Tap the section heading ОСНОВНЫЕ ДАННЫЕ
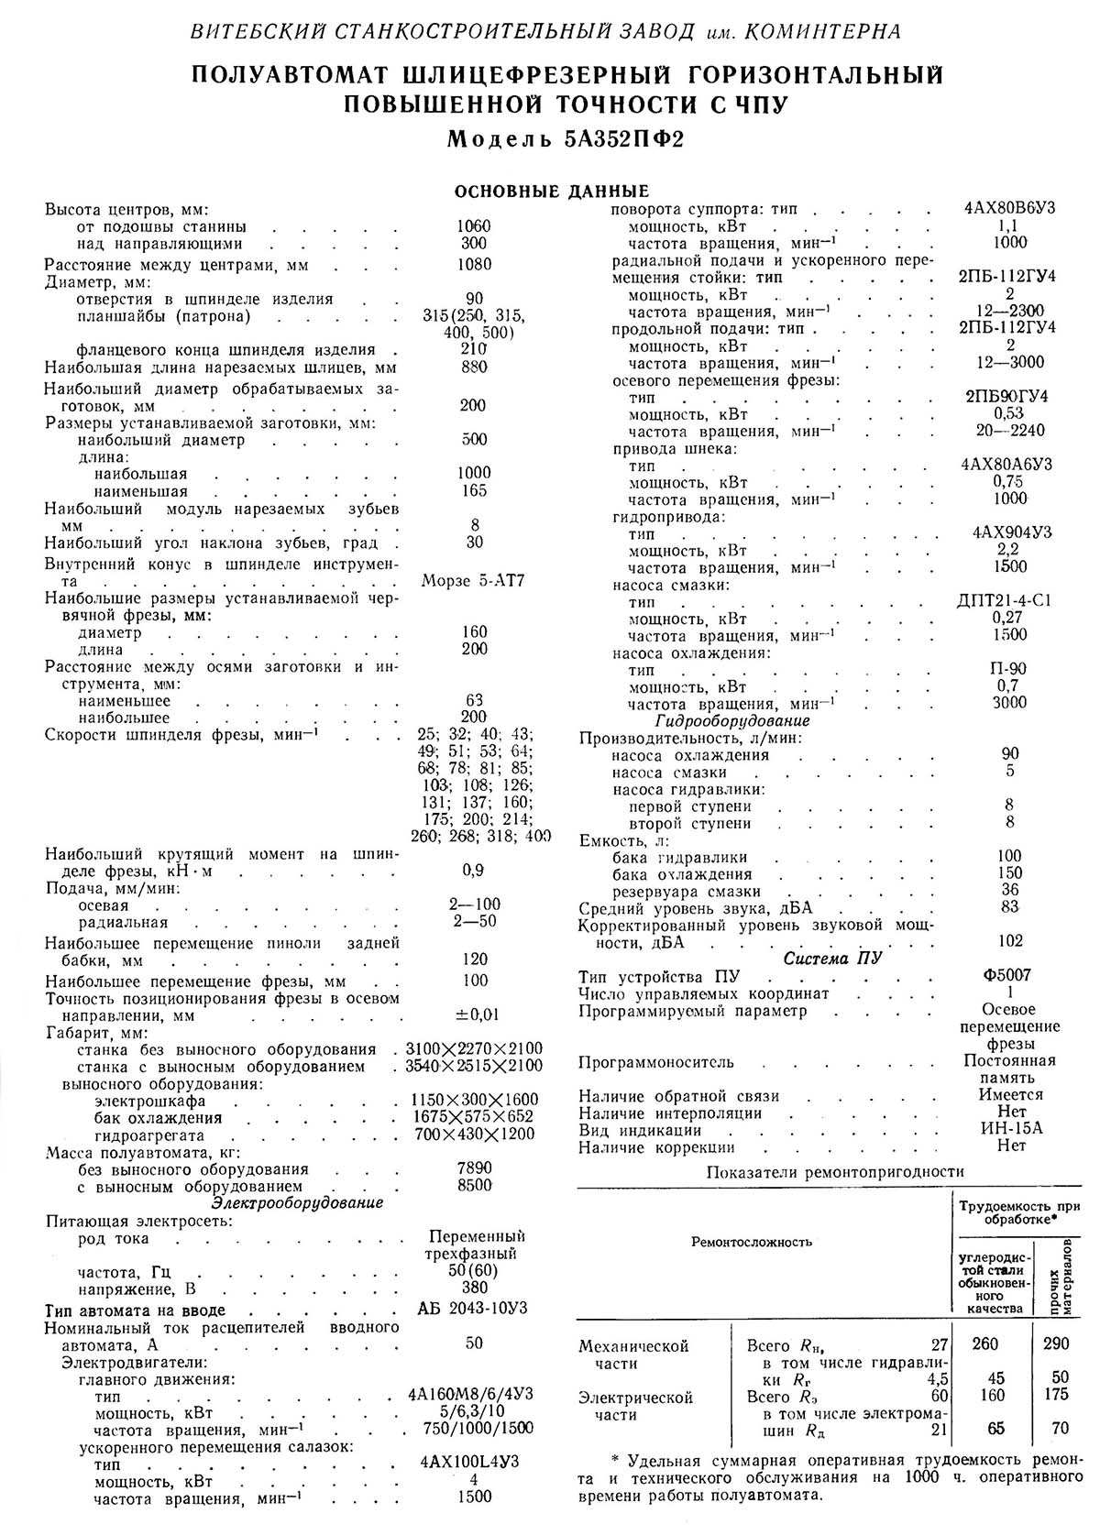pos(552,192)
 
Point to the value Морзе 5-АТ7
pos(474,581)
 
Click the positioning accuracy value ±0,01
pos(475,1014)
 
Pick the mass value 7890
pos(475,1168)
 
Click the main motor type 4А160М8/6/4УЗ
pos(471,1395)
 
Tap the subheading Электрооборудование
pos(298,1202)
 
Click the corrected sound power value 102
pos(1009,941)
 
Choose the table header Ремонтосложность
pos(752,1243)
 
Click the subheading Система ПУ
pos(832,959)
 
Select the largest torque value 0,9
pos(475,870)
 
